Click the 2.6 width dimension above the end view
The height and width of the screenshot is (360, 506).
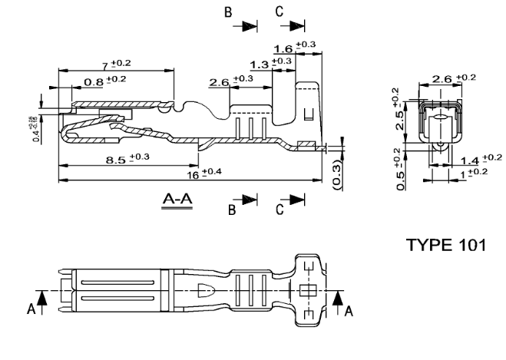449,79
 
